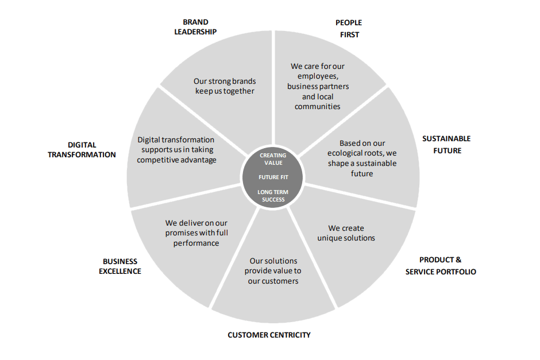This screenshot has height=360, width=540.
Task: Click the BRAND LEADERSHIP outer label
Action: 196,26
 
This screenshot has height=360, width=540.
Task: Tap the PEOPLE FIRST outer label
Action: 349,29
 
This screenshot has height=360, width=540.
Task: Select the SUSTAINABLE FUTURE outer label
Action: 446,144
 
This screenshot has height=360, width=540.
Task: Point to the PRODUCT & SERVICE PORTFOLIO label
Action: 441,266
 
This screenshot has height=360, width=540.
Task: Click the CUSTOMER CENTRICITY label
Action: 269,335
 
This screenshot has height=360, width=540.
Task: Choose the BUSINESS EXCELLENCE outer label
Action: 119,266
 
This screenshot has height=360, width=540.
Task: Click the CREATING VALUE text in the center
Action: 273,159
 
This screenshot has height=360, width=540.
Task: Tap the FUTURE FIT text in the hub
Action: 273,177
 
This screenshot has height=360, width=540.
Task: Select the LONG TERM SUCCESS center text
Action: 273,195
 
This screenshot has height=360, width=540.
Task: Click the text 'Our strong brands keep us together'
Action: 224,86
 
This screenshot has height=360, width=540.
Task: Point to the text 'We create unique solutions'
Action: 346,233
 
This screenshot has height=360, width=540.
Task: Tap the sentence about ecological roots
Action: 362,158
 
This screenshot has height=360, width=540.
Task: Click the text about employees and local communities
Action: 318,86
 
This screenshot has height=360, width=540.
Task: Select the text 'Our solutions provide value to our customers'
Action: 273,270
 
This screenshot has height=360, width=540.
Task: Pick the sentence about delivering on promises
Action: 196,233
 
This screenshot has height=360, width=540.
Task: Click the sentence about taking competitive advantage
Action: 176,149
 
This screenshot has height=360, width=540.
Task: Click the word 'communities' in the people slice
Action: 318,106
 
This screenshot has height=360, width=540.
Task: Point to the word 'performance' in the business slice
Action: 196,243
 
